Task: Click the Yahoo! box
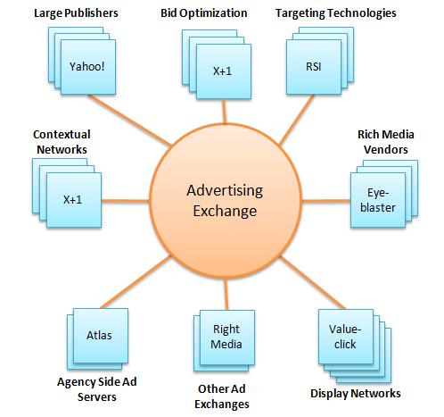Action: tap(88, 67)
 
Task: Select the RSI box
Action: tap(314, 67)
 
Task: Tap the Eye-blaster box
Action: tap(378, 200)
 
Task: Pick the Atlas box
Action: tap(101, 336)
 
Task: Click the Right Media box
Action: tap(227, 338)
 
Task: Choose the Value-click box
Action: tap(346, 337)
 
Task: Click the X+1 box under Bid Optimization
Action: tap(224, 71)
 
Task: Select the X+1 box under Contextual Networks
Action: tap(74, 200)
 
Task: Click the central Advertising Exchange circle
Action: tap(226, 201)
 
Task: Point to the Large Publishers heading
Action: tap(76, 13)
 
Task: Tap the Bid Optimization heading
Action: tap(204, 13)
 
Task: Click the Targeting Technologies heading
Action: tap(335, 13)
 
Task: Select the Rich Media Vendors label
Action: tap(386, 142)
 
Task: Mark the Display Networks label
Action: tap(356, 394)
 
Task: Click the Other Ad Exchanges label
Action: tap(222, 396)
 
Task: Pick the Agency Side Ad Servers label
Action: tap(97, 389)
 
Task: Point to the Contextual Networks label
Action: tap(62, 142)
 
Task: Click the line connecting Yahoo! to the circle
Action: tap(130, 121)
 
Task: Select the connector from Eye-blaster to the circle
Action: tap(326, 201)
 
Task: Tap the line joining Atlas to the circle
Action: tap(136, 282)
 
